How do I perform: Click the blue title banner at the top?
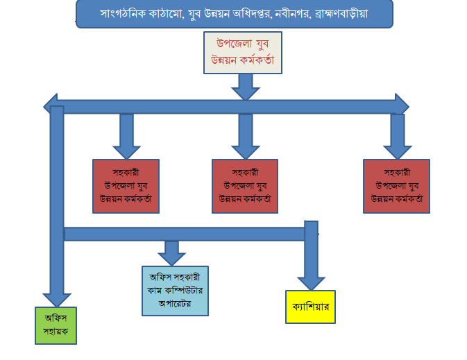tap(234, 14)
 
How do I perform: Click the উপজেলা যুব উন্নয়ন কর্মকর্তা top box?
tap(243, 52)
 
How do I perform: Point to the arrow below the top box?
tap(244, 86)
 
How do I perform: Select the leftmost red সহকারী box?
tap(126, 185)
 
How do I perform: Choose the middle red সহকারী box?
tap(244, 185)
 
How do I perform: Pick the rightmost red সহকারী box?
tap(396, 185)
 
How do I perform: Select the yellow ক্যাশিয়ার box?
tap(310, 306)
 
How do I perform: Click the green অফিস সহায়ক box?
tap(56, 325)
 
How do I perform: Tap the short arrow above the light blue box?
tap(171, 252)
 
